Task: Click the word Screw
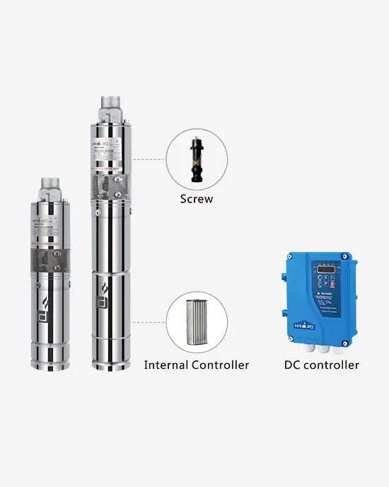pyautogui.click(x=196, y=199)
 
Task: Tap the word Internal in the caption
pyautogui.click(x=167, y=365)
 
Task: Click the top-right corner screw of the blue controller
pyautogui.click(x=345, y=256)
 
